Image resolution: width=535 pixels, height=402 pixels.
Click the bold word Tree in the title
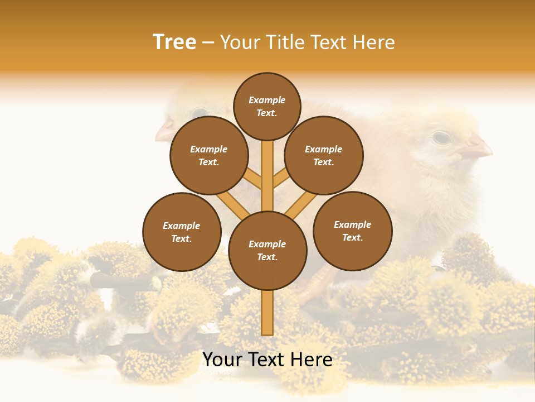coord(174,42)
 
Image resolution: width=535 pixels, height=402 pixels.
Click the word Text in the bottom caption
coord(267,360)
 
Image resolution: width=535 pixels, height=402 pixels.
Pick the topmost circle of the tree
coord(267,106)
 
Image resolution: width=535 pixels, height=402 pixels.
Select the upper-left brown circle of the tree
coord(209,155)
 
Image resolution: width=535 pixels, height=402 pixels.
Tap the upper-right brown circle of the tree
coord(324,155)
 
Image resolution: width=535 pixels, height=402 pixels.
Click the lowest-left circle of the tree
coord(182,232)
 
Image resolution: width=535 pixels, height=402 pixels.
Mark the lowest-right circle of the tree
coord(352,231)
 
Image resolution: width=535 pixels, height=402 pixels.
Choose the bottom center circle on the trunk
coord(267,251)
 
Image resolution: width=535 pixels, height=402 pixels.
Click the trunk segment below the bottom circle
coord(267,313)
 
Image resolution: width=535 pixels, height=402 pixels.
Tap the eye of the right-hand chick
coord(441,137)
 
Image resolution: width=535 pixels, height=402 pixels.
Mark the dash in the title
coord(208,43)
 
